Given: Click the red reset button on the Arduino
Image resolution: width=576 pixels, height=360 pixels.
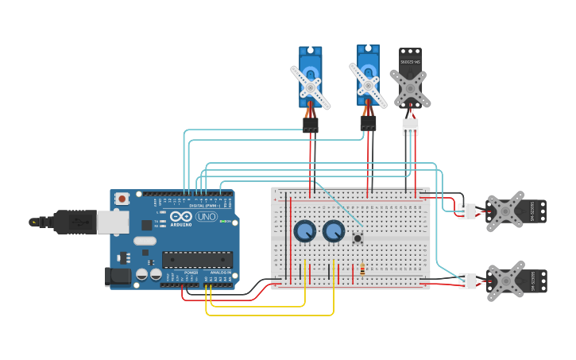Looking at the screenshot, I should [x=122, y=198].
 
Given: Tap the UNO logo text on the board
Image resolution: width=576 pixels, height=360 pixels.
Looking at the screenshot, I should [x=206, y=216].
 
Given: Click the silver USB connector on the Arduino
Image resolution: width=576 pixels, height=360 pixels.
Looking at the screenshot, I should [x=112, y=222].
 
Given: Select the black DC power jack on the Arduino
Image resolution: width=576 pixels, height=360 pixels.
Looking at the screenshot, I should [x=118, y=276].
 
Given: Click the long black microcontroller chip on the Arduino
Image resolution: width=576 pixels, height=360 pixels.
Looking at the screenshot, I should [x=197, y=259].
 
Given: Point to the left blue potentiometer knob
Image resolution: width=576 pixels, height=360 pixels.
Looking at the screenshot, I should [x=304, y=231].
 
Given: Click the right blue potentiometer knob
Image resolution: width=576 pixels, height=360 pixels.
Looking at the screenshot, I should [x=334, y=231].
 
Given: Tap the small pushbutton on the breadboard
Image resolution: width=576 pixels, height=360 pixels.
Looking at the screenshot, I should [x=358, y=238].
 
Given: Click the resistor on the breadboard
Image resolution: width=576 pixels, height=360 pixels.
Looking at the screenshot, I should [x=362, y=269].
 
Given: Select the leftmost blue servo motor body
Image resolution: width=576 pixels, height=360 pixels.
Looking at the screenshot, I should [x=311, y=75].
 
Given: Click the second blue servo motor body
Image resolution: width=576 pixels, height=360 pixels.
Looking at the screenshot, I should [x=368, y=74].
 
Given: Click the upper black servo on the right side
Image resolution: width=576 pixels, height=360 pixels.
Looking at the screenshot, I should [x=516, y=211].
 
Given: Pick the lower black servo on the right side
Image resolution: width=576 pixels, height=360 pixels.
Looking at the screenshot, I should [x=516, y=281].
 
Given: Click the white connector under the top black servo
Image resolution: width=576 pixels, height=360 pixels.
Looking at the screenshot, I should [x=410, y=126].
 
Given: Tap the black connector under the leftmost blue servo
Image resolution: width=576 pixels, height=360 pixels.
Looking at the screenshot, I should [x=311, y=125].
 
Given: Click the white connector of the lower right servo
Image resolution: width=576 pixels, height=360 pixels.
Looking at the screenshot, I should [x=467, y=281].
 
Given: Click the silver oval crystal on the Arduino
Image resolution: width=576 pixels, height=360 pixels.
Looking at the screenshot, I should [x=145, y=241].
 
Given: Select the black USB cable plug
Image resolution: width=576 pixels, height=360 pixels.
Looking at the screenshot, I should [x=76, y=222].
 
